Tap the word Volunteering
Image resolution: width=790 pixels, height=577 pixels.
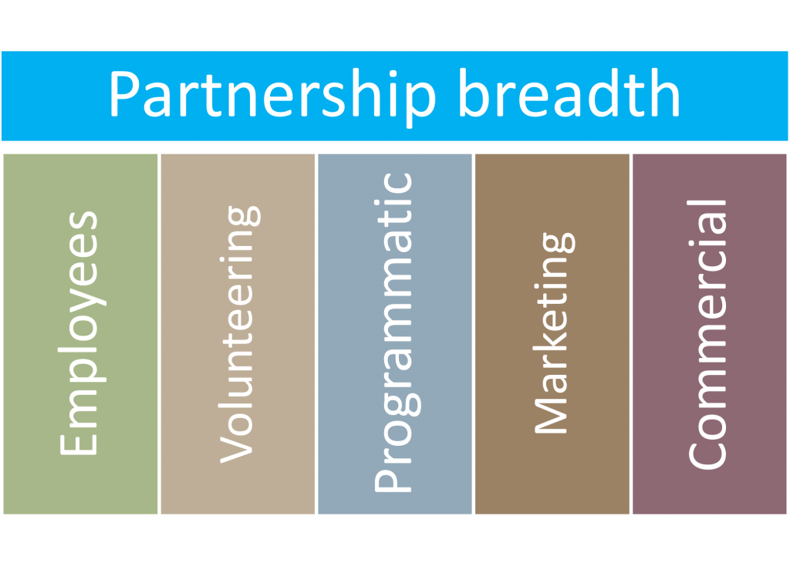point(238,333)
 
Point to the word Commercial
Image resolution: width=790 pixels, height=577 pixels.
point(708,333)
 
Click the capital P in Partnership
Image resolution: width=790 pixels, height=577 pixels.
point(125,94)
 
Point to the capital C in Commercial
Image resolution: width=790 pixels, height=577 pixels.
point(707,451)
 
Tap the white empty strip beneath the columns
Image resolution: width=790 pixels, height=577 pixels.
point(395,556)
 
